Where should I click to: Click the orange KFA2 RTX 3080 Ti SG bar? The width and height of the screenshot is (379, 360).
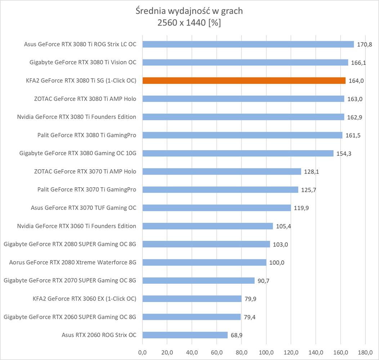[x=244, y=81]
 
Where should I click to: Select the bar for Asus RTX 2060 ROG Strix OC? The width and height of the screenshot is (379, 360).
[x=185, y=335]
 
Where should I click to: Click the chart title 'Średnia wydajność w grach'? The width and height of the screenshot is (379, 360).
[x=189, y=11]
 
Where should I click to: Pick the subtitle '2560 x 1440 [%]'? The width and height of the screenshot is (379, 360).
[x=189, y=23]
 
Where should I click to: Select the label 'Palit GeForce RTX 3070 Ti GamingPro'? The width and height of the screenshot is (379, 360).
[x=87, y=189]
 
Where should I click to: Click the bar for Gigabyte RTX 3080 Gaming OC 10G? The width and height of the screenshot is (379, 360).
[x=238, y=153]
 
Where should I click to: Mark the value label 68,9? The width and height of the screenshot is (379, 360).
[x=236, y=335]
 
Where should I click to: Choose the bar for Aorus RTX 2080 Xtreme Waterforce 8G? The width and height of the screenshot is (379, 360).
[x=204, y=262]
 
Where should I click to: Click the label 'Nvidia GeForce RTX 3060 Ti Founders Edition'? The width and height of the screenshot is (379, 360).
[x=77, y=226]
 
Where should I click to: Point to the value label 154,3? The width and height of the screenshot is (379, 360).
[x=344, y=153]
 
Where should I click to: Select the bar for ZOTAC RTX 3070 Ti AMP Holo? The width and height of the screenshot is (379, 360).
[x=222, y=171]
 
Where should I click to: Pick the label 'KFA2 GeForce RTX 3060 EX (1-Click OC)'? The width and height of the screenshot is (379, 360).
[x=84, y=298]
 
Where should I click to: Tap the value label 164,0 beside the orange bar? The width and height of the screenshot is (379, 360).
[x=356, y=81]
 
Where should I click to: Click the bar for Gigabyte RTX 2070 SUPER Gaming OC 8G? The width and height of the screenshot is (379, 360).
[x=199, y=280]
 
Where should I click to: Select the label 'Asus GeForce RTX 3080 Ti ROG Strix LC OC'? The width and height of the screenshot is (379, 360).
[x=80, y=44]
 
